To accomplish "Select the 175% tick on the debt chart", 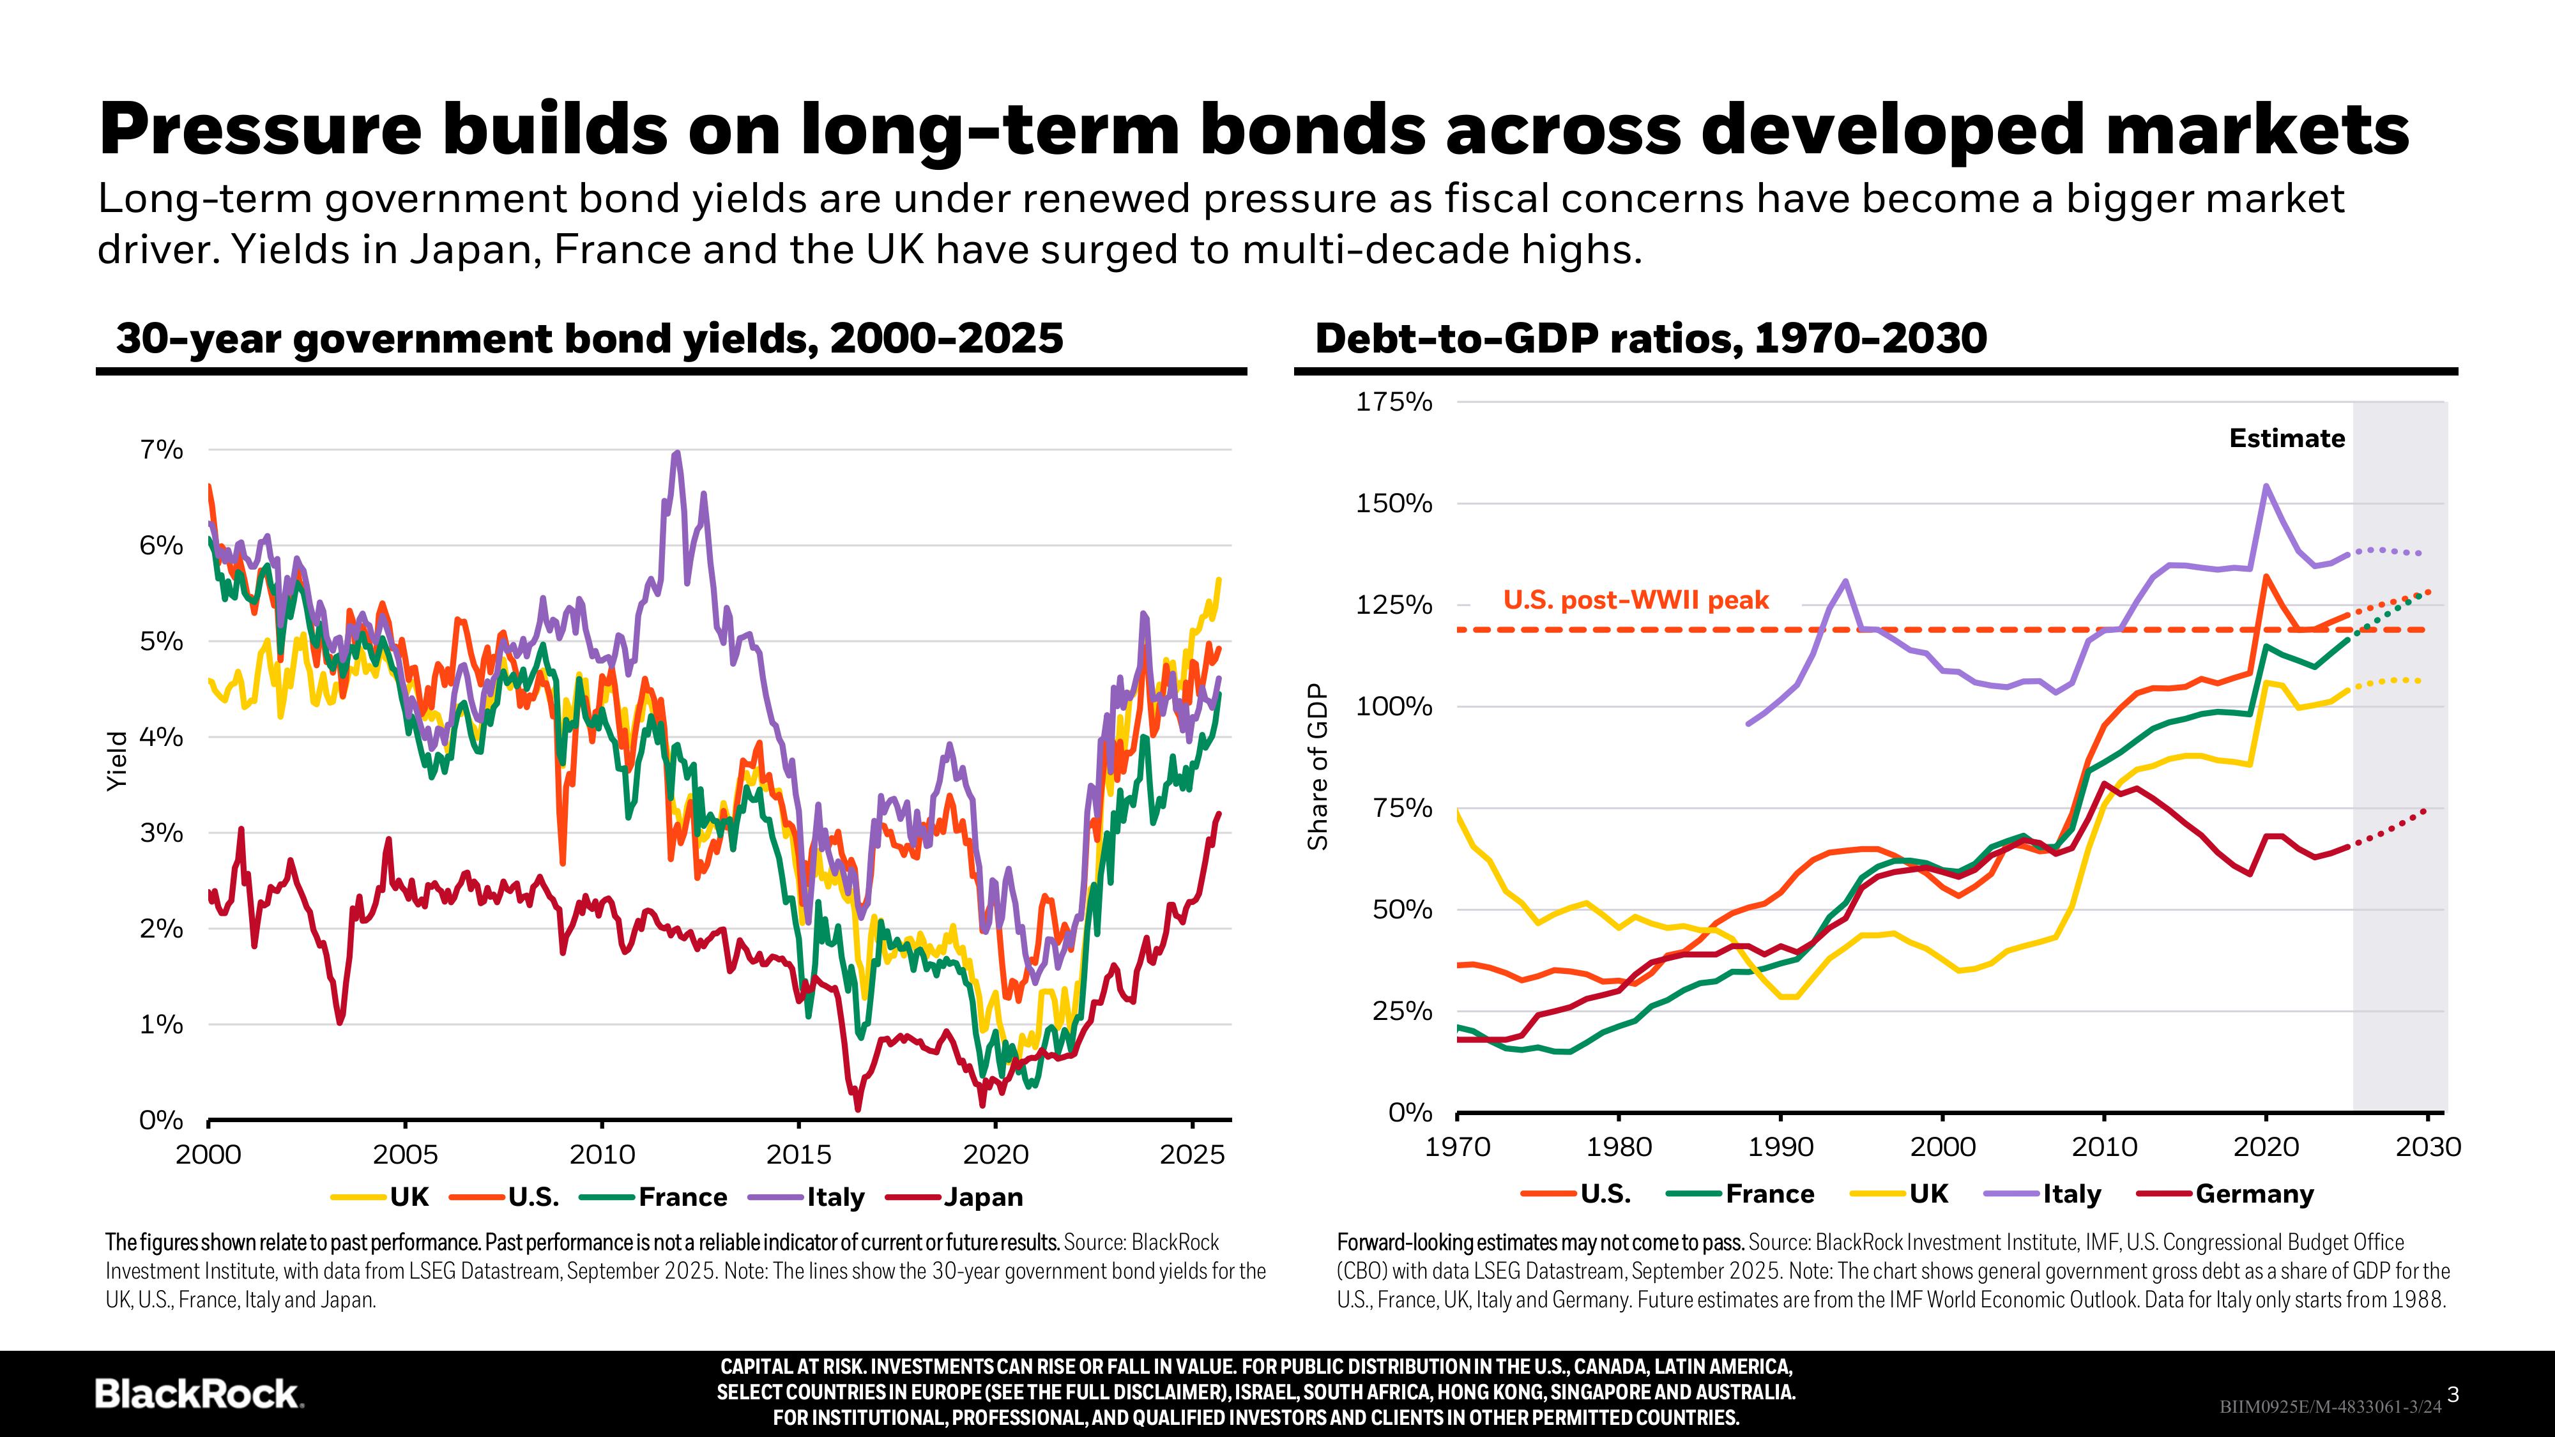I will click(x=1394, y=402).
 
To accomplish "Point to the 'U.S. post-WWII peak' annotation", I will click(x=1636, y=600).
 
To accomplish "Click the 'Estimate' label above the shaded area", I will click(x=2286, y=438).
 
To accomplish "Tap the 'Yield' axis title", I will click(x=117, y=761).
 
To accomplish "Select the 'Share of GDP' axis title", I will click(x=1317, y=766).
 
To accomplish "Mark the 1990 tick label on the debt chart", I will click(x=1780, y=1148).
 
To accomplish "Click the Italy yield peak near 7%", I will click(x=676, y=453).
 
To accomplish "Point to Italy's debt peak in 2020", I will click(x=2266, y=486).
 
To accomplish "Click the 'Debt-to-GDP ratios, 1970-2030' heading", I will click(x=1651, y=338).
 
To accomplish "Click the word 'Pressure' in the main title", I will click(x=261, y=130).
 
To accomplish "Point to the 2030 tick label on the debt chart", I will click(x=2428, y=1148).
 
